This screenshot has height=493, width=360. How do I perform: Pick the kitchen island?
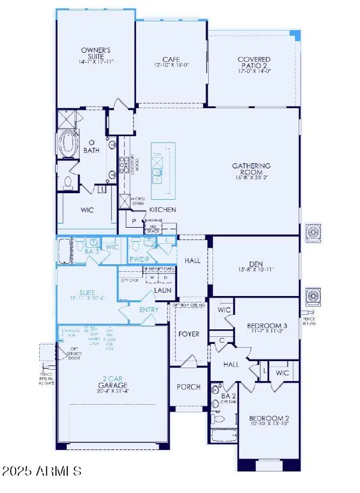coord(163,170)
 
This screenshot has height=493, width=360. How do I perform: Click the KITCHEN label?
coord(163,209)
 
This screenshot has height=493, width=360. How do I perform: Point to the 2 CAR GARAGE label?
coord(112,382)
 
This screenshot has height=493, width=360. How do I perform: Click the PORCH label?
coord(188,386)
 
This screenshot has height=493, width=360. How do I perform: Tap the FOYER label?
coord(188,334)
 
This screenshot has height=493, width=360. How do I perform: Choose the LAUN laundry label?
coord(163,290)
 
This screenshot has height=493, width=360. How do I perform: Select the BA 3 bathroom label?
coord(91,251)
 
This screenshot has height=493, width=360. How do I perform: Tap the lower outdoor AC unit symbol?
coord(313,297)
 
